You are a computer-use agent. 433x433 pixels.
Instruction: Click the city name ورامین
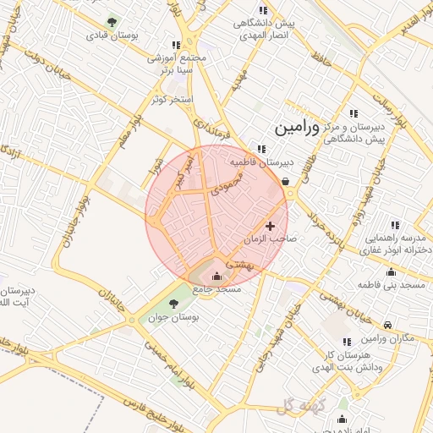[298, 128]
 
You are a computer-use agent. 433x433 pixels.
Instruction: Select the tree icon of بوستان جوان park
[175, 303]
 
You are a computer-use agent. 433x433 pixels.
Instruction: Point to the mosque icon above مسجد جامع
[216, 276]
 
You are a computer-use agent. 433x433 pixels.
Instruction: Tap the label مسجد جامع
[217, 289]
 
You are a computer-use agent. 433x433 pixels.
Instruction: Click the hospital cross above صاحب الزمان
[270, 226]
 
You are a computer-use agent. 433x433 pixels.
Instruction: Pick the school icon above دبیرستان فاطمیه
[249, 149]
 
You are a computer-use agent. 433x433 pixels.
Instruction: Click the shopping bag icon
[285, 179]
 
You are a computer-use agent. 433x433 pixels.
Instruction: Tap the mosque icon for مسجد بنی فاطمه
[391, 272]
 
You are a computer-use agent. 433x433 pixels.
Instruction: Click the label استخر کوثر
[172, 99]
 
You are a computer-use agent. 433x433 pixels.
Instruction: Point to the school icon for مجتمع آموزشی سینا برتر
[176, 45]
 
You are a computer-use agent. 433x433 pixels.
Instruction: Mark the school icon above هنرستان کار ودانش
[346, 342]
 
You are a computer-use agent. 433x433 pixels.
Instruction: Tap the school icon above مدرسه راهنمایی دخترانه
[394, 225]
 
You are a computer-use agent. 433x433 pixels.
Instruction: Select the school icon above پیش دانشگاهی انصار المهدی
[263, 10]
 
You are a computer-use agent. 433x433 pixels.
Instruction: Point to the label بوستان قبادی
[112, 37]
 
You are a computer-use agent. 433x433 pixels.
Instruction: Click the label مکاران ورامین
[386, 339]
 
